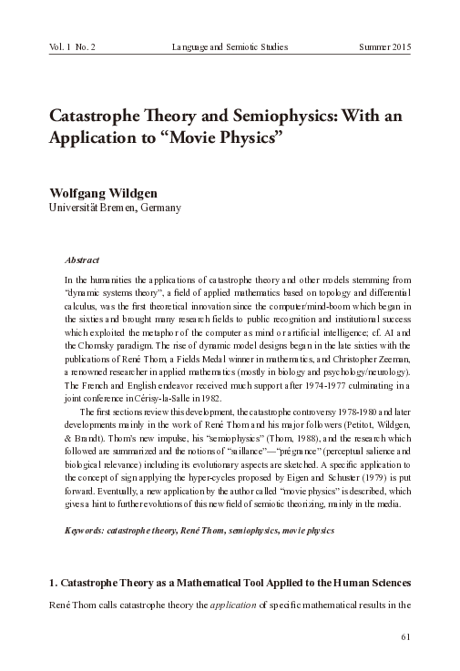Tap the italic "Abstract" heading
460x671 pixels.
pyautogui.click(x=83, y=259)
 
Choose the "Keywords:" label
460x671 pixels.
pyautogui.click(x=89, y=529)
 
